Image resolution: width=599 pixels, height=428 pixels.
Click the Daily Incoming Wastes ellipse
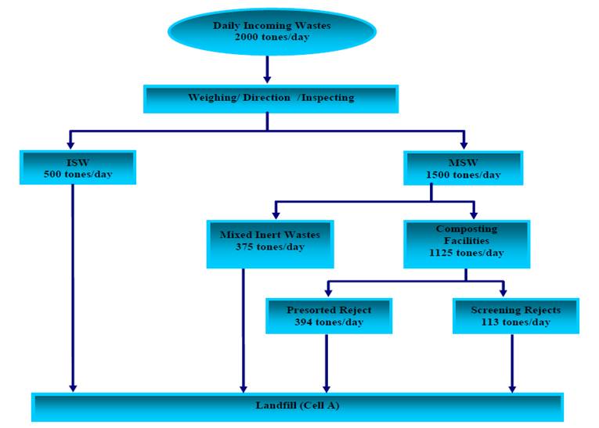coord(272,31)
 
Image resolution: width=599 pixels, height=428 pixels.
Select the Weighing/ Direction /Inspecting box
coord(271,99)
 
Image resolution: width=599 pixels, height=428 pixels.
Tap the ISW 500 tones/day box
coord(78,167)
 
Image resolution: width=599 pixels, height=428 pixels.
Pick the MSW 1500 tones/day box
coord(463,167)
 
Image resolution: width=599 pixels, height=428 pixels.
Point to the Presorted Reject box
coord(329,315)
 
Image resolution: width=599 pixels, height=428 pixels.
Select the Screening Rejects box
coord(515,315)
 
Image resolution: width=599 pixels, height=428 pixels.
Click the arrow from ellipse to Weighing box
coord(267,69)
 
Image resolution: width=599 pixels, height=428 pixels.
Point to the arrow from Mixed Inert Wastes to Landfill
coord(244,329)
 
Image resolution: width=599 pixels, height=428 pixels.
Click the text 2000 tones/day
coord(272,37)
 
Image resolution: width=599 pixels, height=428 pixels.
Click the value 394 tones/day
coord(329,322)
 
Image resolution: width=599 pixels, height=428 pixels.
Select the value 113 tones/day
coord(515,322)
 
